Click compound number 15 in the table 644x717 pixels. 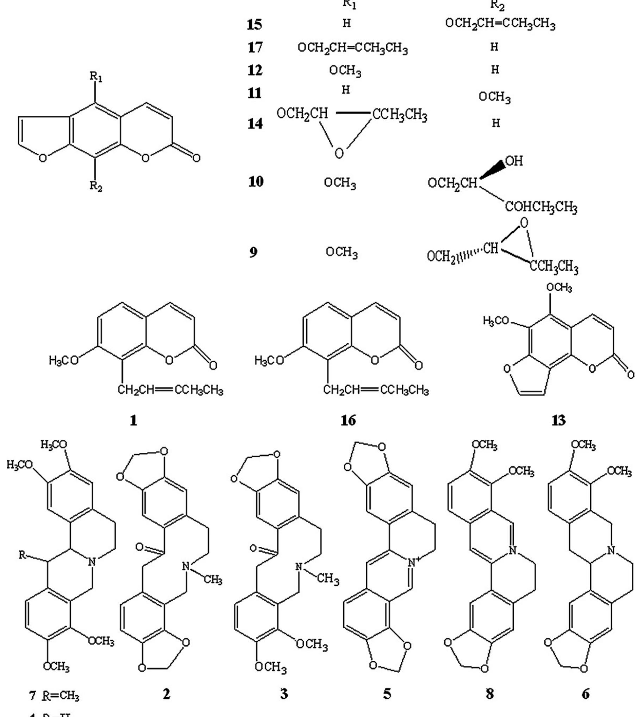pyautogui.click(x=255, y=24)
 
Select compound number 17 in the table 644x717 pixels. pyautogui.click(x=255, y=47)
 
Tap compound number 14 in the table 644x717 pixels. pyautogui.click(x=255, y=123)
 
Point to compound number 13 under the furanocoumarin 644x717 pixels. pyautogui.click(x=558, y=420)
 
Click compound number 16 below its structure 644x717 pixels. pyautogui.click(x=348, y=420)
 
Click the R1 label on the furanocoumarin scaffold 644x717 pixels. pyautogui.click(x=96, y=77)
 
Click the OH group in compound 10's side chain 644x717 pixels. pyautogui.click(x=514, y=161)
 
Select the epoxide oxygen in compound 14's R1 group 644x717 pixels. pyautogui.click(x=339, y=153)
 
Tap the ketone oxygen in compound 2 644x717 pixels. pyautogui.click(x=139, y=547)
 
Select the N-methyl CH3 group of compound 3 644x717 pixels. pyautogui.click(x=328, y=579)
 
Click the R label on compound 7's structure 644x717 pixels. pyautogui.click(x=22, y=555)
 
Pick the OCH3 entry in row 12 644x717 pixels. pyautogui.click(x=345, y=71)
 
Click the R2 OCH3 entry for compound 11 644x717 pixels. pyautogui.click(x=494, y=97)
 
